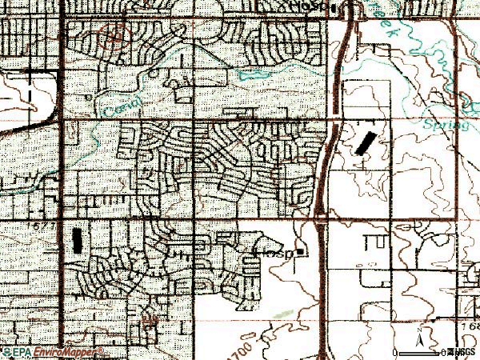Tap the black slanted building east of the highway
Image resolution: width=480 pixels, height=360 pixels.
(x=364, y=144)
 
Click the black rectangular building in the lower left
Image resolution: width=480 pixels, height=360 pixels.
(x=77, y=239)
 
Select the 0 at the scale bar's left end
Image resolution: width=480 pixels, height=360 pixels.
(x=396, y=353)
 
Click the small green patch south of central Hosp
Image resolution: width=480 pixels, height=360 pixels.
(x=282, y=312)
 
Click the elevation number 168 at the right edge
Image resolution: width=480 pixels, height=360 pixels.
(x=470, y=326)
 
